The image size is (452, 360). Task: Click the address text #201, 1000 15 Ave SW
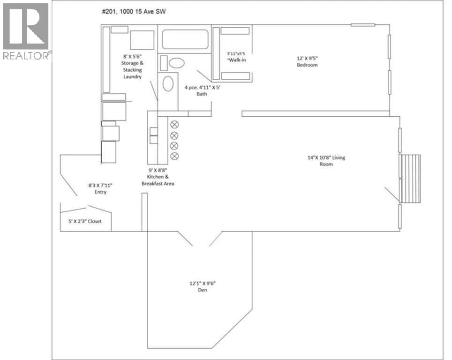134,12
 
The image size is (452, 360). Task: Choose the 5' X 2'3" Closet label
85,221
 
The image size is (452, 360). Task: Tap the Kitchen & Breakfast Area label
158,177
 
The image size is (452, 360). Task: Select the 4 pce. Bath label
202,90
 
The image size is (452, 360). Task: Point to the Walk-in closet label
236,57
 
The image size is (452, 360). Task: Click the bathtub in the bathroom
185,39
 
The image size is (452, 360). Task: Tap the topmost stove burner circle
174,125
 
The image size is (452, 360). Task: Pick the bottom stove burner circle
174,156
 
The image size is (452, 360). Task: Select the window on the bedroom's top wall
363,25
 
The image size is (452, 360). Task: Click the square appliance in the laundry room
142,40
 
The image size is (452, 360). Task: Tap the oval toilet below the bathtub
177,63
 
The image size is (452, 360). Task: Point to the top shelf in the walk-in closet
235,31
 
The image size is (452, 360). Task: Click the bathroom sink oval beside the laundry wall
168,84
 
